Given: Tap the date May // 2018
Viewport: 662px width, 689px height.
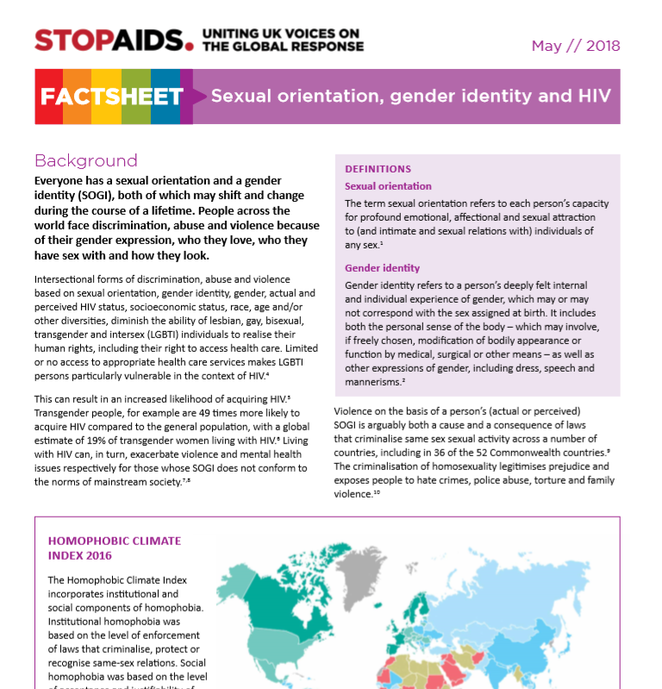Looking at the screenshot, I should pyautogui.click(x=575, y=46).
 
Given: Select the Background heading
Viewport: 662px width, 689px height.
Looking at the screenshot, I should pyautogui.click(x=85, y=160).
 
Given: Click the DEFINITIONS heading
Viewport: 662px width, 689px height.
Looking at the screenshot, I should pyautogui.click(x=378, y=169).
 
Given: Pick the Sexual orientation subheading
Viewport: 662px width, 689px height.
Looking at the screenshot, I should pyautogui.click(x=388, y=186).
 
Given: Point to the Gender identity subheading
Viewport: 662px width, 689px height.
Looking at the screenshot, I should pyautogui.click(x=382, y=268).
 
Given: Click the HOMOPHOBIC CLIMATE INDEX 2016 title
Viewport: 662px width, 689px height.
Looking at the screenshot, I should pyautogui.click(x=115, y=548).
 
